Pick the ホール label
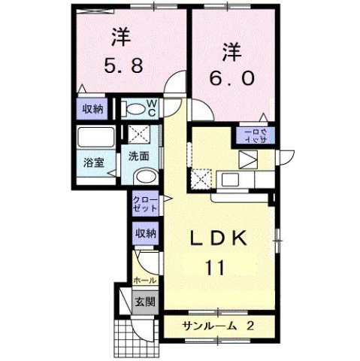[144, 281]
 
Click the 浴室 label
[93, 162]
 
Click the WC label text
[150, 108]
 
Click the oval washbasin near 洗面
[145, 177]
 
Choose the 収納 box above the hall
[145, 233]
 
